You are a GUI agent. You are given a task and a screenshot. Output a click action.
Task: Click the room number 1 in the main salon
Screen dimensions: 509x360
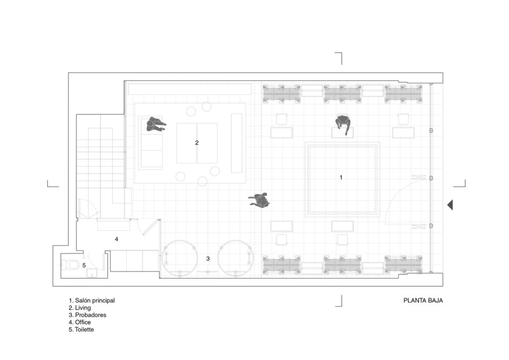pos(341,177)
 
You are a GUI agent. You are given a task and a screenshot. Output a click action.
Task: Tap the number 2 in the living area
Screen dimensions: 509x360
pos(197,143)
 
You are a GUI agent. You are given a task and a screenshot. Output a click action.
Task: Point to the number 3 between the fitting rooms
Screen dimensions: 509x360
pos(208,259)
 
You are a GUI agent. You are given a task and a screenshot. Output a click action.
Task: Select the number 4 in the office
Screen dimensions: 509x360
pos(116,239)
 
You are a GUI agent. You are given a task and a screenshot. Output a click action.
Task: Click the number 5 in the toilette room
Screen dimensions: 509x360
pos(84,266)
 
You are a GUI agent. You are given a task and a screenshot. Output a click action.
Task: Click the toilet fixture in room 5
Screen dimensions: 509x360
pos(71,266)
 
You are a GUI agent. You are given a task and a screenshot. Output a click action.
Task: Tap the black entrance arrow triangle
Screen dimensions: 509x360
pos(450,205)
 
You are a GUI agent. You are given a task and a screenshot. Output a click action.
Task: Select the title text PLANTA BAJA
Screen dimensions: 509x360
pos(423,301)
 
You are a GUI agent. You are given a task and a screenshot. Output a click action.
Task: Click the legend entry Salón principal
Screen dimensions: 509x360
pos(91,301)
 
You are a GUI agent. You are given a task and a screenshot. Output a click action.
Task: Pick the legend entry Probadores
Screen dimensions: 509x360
pos(87,315)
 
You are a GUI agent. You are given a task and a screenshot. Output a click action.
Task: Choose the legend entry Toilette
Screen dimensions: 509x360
pos(81,330)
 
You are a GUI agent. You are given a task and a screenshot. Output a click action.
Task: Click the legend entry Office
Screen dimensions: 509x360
pos(80,322)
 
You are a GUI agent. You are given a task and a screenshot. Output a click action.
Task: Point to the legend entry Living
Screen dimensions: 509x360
pos(80,308)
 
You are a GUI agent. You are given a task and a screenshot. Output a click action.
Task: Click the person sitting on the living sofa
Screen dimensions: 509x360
pos(155,124)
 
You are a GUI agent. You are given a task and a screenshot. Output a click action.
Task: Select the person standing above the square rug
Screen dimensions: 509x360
pos(343,124)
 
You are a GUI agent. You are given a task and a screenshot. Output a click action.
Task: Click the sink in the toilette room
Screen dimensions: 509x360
pos(92,273)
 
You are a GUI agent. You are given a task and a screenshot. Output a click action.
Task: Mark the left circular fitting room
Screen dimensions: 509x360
pos(179,259)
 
